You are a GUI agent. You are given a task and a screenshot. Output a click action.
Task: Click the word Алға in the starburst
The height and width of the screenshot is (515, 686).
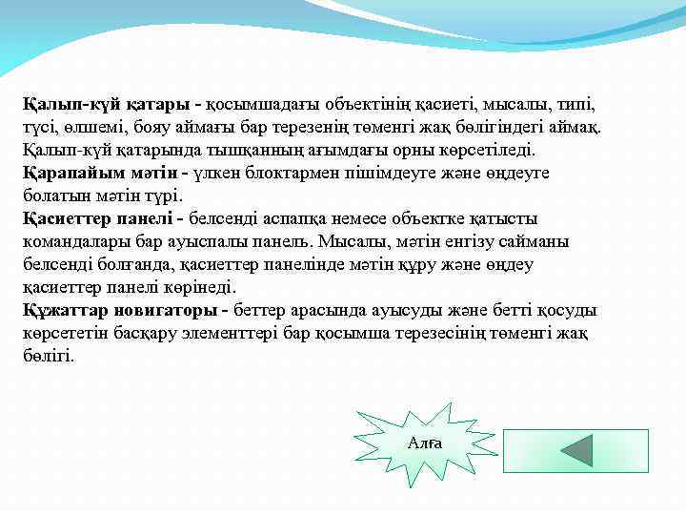tap(424, 443)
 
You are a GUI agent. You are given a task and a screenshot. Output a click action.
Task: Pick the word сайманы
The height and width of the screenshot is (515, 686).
tap(539, 241)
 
